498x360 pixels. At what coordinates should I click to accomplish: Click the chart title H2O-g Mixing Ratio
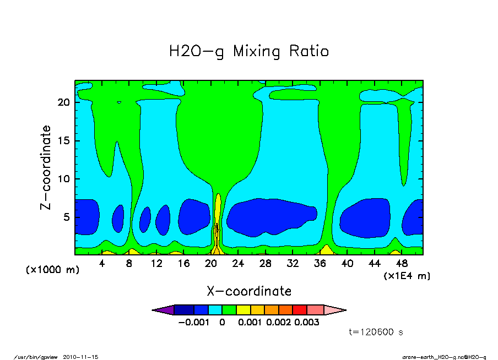pyautogui.click(x=249, y=52)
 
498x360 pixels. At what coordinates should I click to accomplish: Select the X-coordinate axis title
pyautogui.click(x=249, y=291)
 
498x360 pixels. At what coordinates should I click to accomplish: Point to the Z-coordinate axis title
pyautogui.click(x=46, y=167)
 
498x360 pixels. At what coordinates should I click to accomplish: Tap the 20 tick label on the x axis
pyautogui.click(x=211, y=264)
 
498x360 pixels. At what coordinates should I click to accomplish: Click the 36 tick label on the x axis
pyautogui.click(x=320, y=264)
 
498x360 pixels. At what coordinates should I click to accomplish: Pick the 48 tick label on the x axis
pyautogui.click(x=402, y=264)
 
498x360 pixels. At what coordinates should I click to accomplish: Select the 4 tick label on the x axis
pyautogui.click(x=102, y=264)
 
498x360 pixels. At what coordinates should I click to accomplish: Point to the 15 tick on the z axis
pyautogui.click(x=65, y=141)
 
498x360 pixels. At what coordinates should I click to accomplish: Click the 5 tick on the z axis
pyautogui.click(x=68, y=217)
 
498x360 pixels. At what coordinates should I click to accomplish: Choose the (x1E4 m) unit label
pyautogui.click(x=407, y=276)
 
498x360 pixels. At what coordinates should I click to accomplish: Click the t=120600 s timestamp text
pyautogui.click(x=377, y=331)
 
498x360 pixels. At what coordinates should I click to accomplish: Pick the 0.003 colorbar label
pyautogui.click(x=307, y=322)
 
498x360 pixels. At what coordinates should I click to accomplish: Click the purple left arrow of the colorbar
pyautogui.click(x=162, y=310)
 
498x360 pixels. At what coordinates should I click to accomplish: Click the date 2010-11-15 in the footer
pyautogui.click(x=84, y=357)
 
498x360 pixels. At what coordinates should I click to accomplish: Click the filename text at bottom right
pyautogui.click(x=445, y=357)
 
